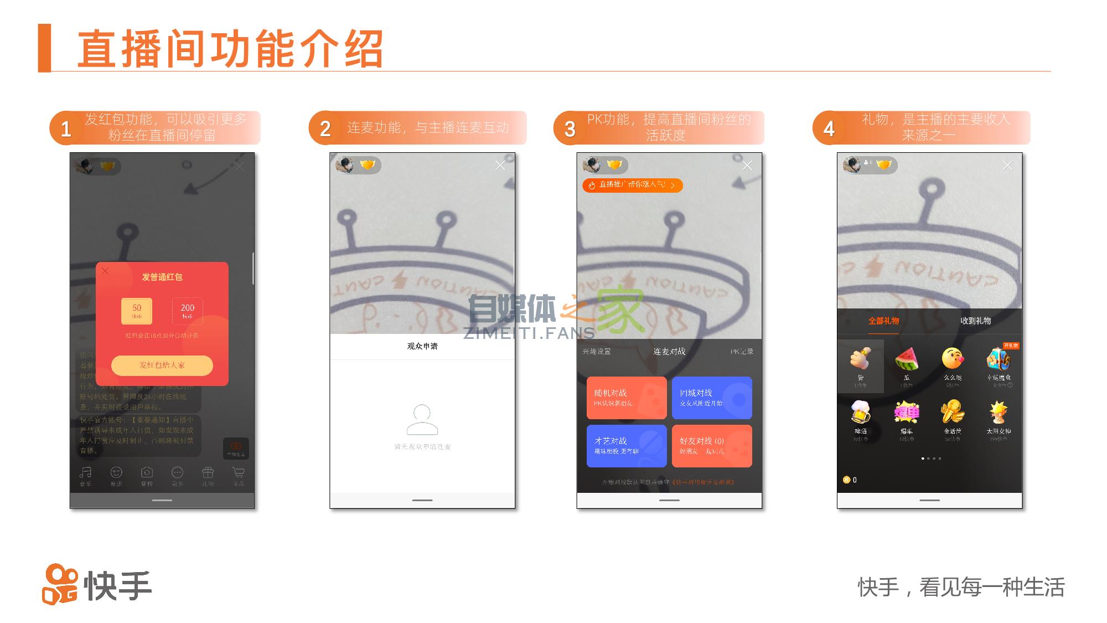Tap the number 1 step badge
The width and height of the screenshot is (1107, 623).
(66, 128)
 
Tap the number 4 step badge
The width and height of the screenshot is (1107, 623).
(829, 128)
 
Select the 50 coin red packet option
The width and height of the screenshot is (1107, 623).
(137, 311)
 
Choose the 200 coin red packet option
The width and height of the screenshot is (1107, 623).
(187, 311)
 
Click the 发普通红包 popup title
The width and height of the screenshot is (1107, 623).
(162, 277)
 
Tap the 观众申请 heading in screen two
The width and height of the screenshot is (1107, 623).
(422, 346)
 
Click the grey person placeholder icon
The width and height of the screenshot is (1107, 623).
(422, 420)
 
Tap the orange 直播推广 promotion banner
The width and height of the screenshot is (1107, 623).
(632, 185)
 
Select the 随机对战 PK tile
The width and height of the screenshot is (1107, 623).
(626, 398)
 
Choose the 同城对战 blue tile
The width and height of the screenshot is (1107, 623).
(712, 398)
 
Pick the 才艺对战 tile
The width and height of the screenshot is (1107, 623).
(626, 446)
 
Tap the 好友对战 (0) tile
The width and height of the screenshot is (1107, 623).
(712, 446)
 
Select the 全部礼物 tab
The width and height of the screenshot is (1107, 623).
(883, 321)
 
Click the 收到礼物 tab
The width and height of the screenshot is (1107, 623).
(975, 321)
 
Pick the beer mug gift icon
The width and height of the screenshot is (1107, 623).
(861, 413)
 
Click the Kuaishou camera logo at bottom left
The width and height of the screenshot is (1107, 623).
(60, 584)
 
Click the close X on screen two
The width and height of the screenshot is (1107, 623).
(500, 166)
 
